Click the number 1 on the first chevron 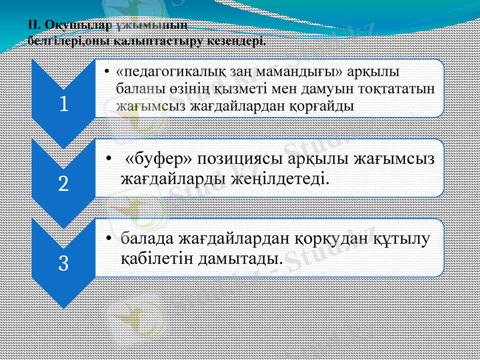click(x=63, y=104)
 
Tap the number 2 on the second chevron click(x=63, y=183)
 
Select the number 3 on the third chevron click(x=63, y=262)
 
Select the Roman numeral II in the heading click(x=32, y=25)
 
